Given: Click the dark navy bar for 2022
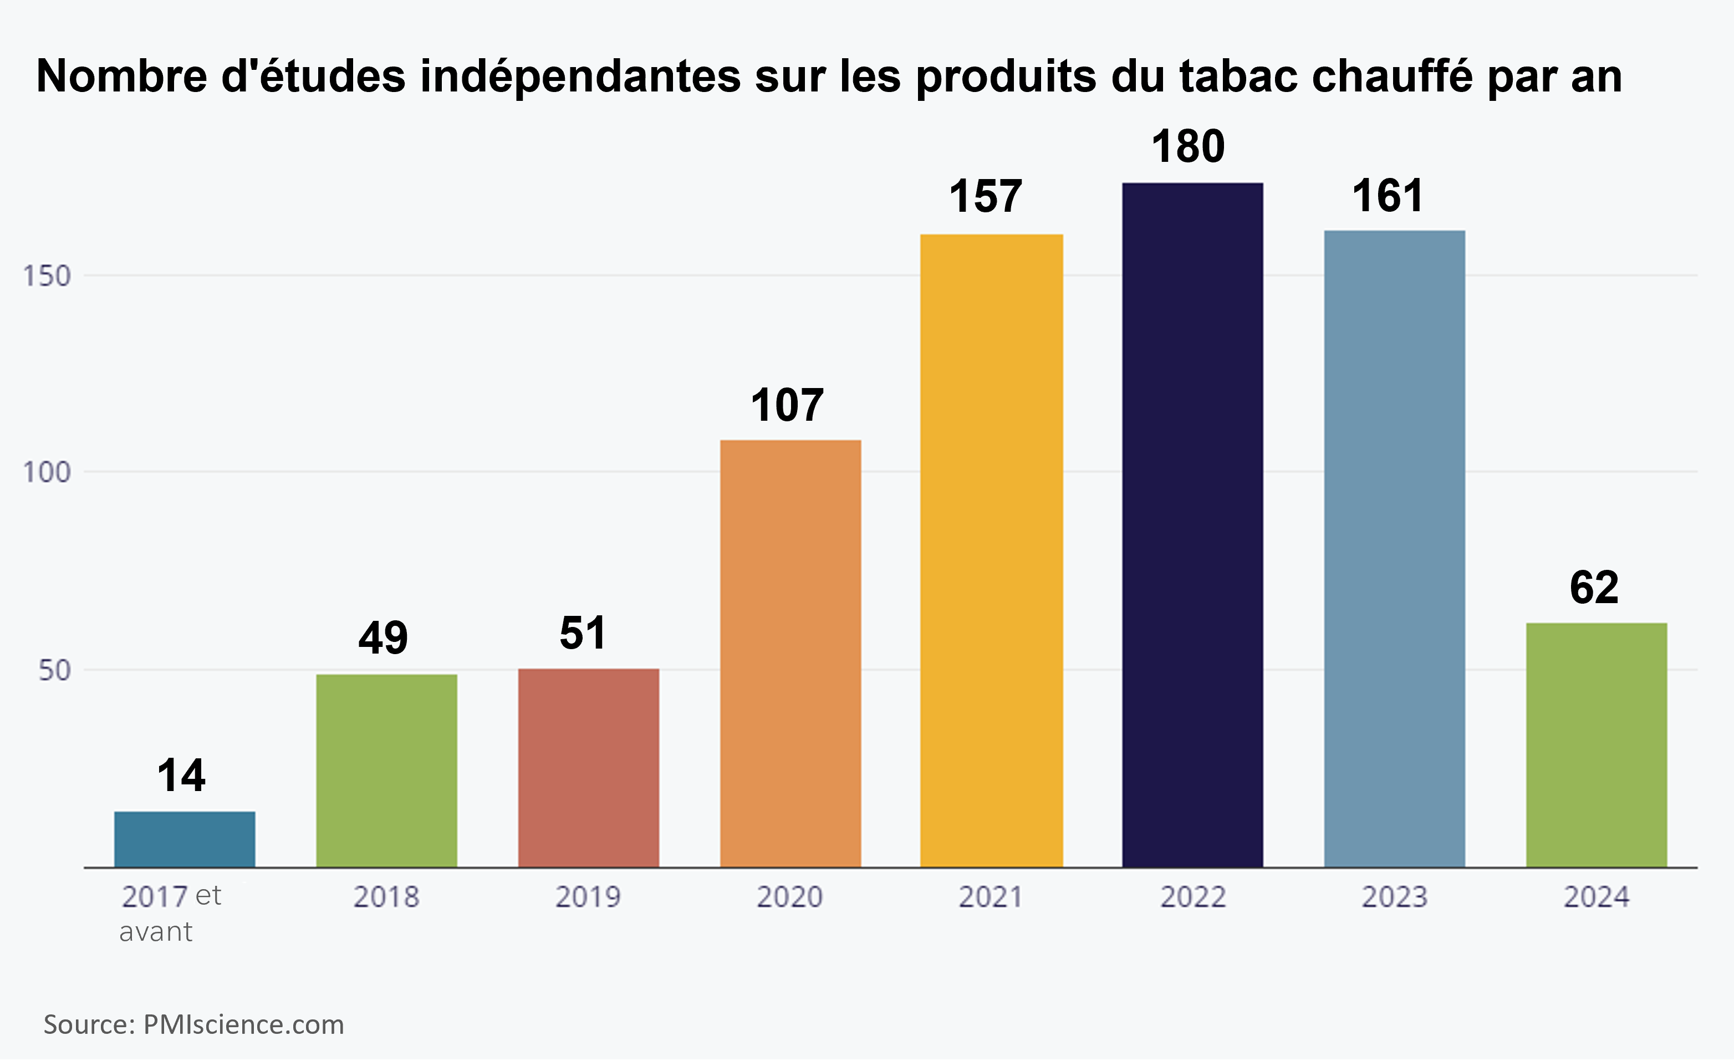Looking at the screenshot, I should click(1192, 524).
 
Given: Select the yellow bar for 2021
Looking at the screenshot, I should click(991, 550).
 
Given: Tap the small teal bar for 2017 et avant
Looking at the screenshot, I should click(185, 839).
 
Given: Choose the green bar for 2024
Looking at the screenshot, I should click(1596, 744).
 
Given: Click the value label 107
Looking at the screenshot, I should click(786, 405).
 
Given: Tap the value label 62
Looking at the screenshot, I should click(1594, 588).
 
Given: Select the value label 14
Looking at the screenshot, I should click(181, 776).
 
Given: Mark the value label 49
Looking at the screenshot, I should click(383, 638).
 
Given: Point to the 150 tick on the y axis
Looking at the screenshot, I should click(47, 276).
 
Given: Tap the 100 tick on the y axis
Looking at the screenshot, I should click(47, 472).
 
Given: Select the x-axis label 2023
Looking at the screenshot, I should click(1394, 897).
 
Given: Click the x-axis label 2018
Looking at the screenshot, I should click(386, 897).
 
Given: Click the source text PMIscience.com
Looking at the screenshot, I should click(243, 1024).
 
